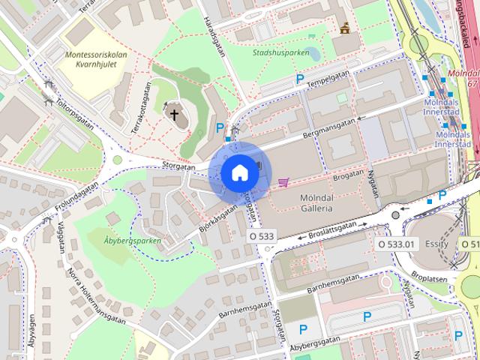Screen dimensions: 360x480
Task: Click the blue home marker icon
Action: click(239, 172)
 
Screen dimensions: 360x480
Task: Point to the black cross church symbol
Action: click(175, 115)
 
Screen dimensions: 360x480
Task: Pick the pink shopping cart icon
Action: click(283, 181)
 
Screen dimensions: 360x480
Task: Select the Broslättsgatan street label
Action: click(331, 229)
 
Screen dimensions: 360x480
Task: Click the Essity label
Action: click(436, 244)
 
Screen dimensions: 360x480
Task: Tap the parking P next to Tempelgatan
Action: click(300, 79)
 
